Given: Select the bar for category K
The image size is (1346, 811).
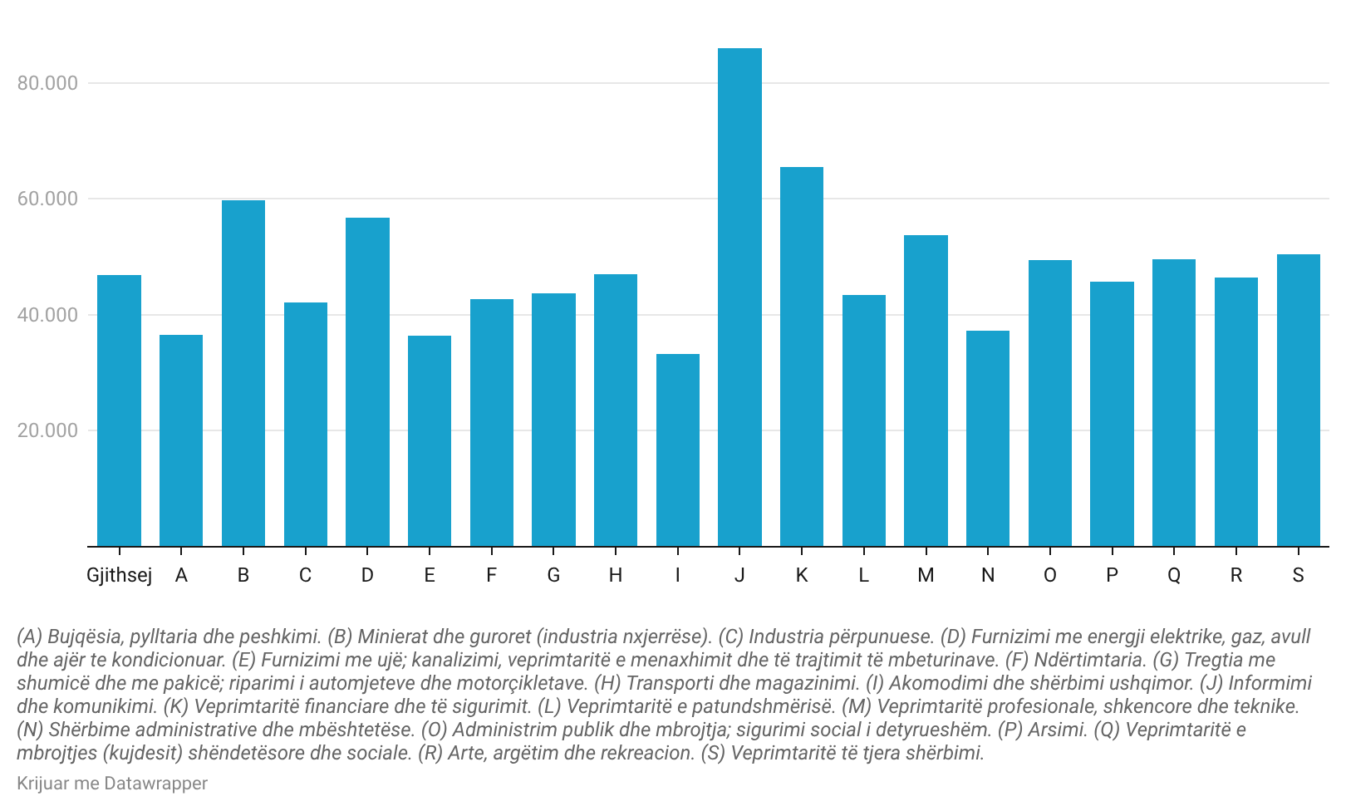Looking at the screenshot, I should point(802,356).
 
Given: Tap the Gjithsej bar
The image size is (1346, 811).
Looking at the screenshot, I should point(119,410).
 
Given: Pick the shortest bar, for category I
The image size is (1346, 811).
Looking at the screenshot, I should point(678,450).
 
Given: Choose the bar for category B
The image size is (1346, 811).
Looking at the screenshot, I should point(243,373).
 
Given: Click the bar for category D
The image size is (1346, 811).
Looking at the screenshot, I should point(367,381).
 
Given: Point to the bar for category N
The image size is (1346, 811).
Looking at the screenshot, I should point(988,438).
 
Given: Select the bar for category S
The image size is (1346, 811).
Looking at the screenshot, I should point(1298,400).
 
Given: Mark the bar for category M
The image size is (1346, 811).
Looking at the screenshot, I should point(926,391).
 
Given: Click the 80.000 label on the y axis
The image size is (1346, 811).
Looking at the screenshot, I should point(47,83).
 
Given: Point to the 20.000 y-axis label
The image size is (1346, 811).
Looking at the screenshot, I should point(47,430).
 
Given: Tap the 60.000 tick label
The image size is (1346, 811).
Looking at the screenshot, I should point(47,199).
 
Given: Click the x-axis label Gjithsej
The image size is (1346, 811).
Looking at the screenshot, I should point(119,575).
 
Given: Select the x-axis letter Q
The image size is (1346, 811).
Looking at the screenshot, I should point(1174,575).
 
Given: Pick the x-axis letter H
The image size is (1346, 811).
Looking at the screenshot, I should point(616,575).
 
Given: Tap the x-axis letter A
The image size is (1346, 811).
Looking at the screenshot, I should point(181,575).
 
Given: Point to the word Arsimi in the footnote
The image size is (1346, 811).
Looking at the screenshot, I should point(1058,730).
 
